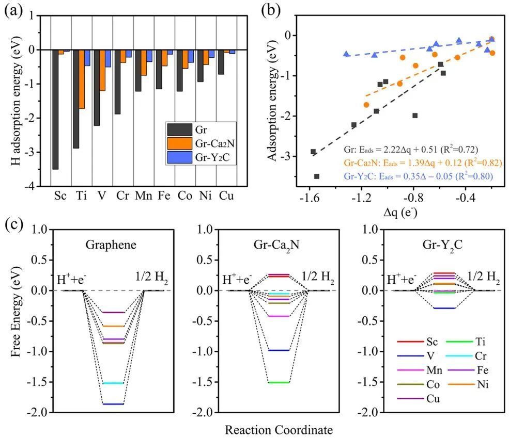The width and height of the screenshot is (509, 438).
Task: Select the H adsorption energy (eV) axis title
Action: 16,101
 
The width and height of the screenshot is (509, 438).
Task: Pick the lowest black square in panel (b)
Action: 317,176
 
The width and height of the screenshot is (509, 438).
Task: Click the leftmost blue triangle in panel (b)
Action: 346,54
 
